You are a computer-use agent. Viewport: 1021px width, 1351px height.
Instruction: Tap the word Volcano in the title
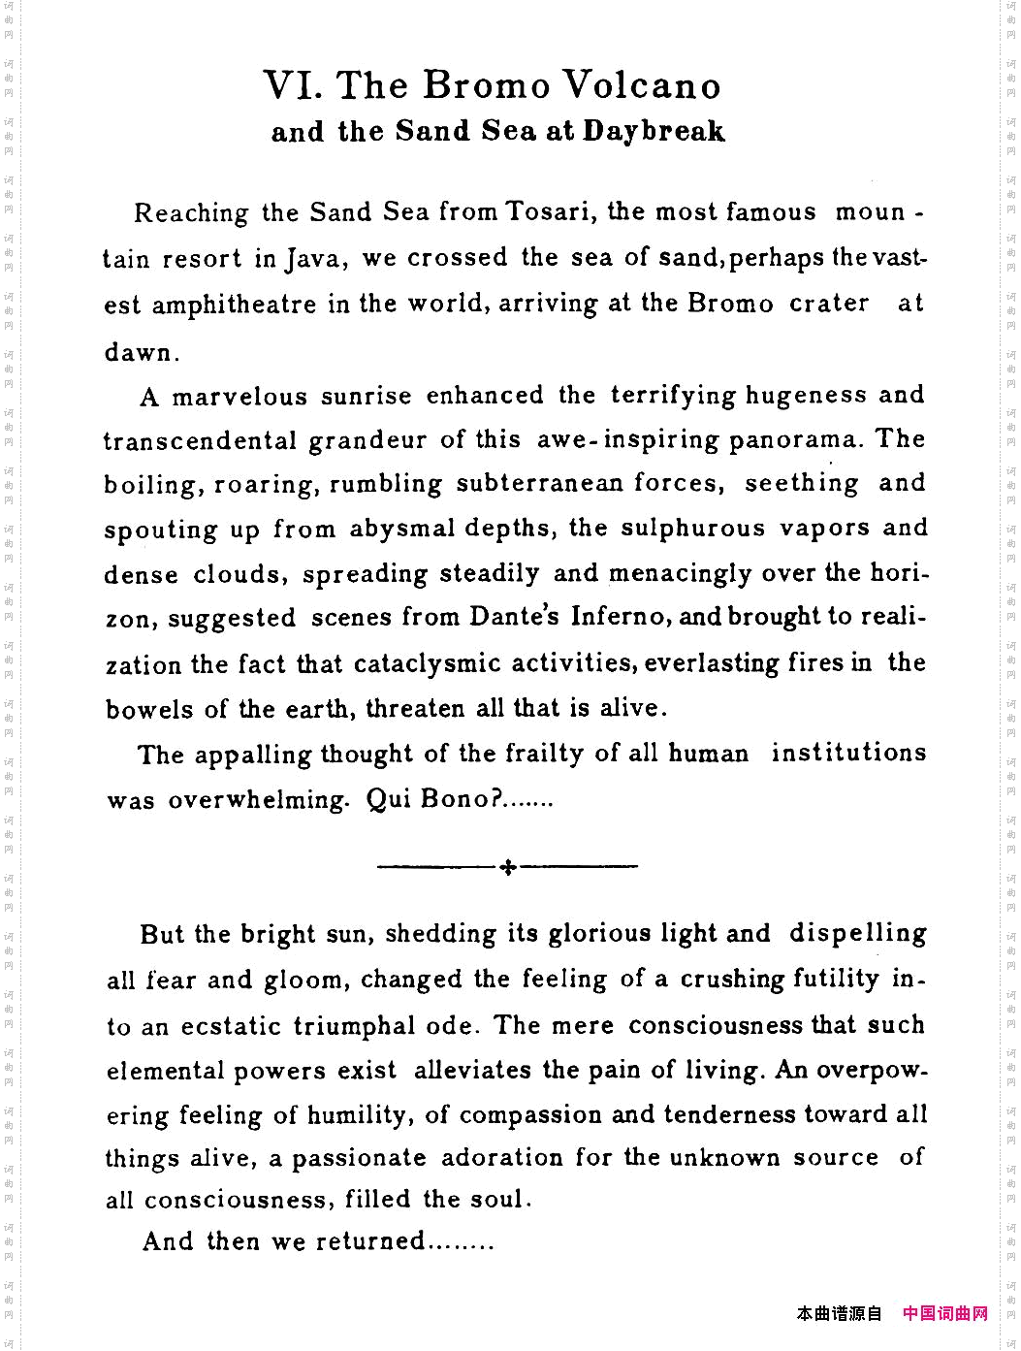pos(643,86)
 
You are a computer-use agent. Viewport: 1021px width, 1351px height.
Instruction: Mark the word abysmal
pos(402,530)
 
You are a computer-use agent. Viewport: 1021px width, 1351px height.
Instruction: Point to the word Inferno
pos(617,618)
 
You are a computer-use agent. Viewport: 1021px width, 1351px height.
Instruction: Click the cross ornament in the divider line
pos(507,867)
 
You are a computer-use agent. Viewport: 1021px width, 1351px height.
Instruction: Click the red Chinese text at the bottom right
pos(944,1313)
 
